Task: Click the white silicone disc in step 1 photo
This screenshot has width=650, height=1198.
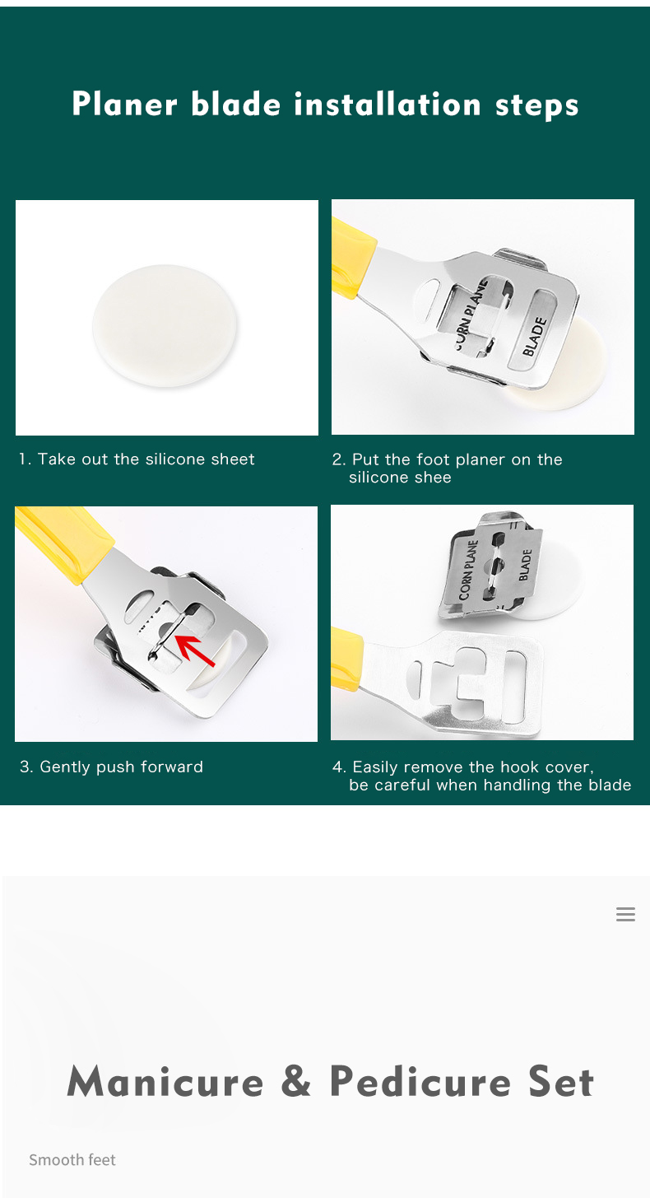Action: click(165, 325)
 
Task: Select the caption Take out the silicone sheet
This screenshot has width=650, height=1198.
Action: click(146, 459)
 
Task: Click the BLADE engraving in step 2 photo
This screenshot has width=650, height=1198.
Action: click(535, 337)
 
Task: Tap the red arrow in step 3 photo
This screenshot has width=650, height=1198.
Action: click(195, 650)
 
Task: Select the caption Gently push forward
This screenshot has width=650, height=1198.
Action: click(121, 767)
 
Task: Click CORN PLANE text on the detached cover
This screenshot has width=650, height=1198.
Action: click(467, 570)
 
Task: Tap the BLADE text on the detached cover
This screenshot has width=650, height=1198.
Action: click(525, 565)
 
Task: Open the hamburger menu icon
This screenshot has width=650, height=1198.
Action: click(625, 914)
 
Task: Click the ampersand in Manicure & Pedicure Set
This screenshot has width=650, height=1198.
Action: click(295, 1080)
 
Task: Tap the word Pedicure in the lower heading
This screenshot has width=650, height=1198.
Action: click(420, 1081)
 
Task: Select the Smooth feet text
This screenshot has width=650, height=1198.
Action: click(72, 1159)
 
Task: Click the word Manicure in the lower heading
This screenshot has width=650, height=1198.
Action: click(165, 1081)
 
